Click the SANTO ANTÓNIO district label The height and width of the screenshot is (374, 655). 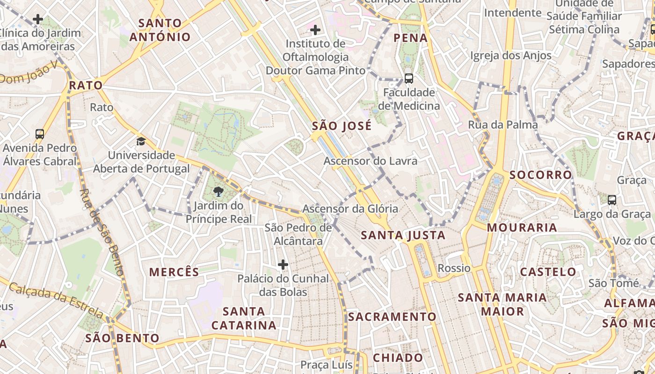coord(160,30)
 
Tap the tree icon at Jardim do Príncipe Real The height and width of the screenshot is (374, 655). coord(218,191)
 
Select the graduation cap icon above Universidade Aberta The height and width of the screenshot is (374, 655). coord(141,141)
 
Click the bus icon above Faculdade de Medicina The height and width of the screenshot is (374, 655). coord(409,78)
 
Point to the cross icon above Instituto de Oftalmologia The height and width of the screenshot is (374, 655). coord(316,30)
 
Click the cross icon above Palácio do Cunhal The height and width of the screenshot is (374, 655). coord(283,265)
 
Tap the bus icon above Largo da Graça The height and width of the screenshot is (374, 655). coord(612,200)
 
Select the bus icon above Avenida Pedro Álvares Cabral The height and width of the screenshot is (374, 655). coord(40,134)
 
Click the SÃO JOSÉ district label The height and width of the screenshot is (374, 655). coord(342,126)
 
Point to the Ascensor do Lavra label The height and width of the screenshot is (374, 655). coord(371,161)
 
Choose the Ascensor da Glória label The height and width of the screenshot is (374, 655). coord(350,209)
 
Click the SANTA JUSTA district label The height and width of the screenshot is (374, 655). coord(403,235)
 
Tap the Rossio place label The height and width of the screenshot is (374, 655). coord(454,268)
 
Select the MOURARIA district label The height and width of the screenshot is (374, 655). coord(522,228)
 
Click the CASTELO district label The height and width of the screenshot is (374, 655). coord(548,272)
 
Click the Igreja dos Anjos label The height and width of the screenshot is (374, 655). coord(511,56)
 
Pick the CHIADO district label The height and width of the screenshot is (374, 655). coord(398,358)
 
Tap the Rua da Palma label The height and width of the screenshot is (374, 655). coord(503,125)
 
